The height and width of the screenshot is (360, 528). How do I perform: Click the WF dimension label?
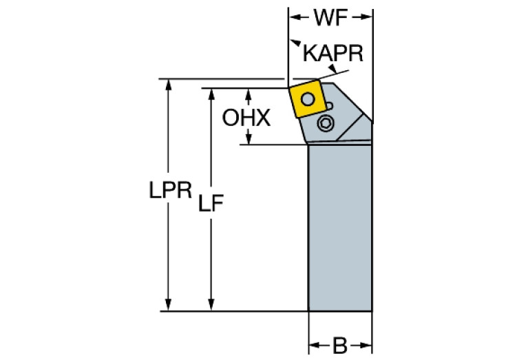330,19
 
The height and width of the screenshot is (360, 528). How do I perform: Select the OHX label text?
246,118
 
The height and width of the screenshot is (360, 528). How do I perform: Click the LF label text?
211,204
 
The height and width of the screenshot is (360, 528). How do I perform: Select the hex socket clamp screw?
326,124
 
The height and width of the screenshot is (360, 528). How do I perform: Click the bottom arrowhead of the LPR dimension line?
167,306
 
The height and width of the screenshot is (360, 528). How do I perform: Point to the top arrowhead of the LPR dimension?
167,84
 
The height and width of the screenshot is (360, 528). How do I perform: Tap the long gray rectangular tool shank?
340,227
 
